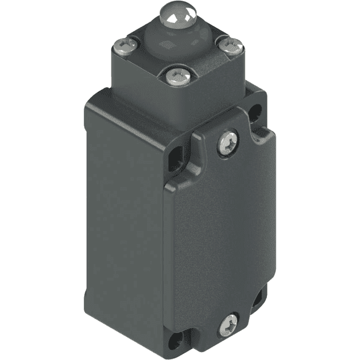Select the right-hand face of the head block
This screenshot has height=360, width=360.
coord(231,78)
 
